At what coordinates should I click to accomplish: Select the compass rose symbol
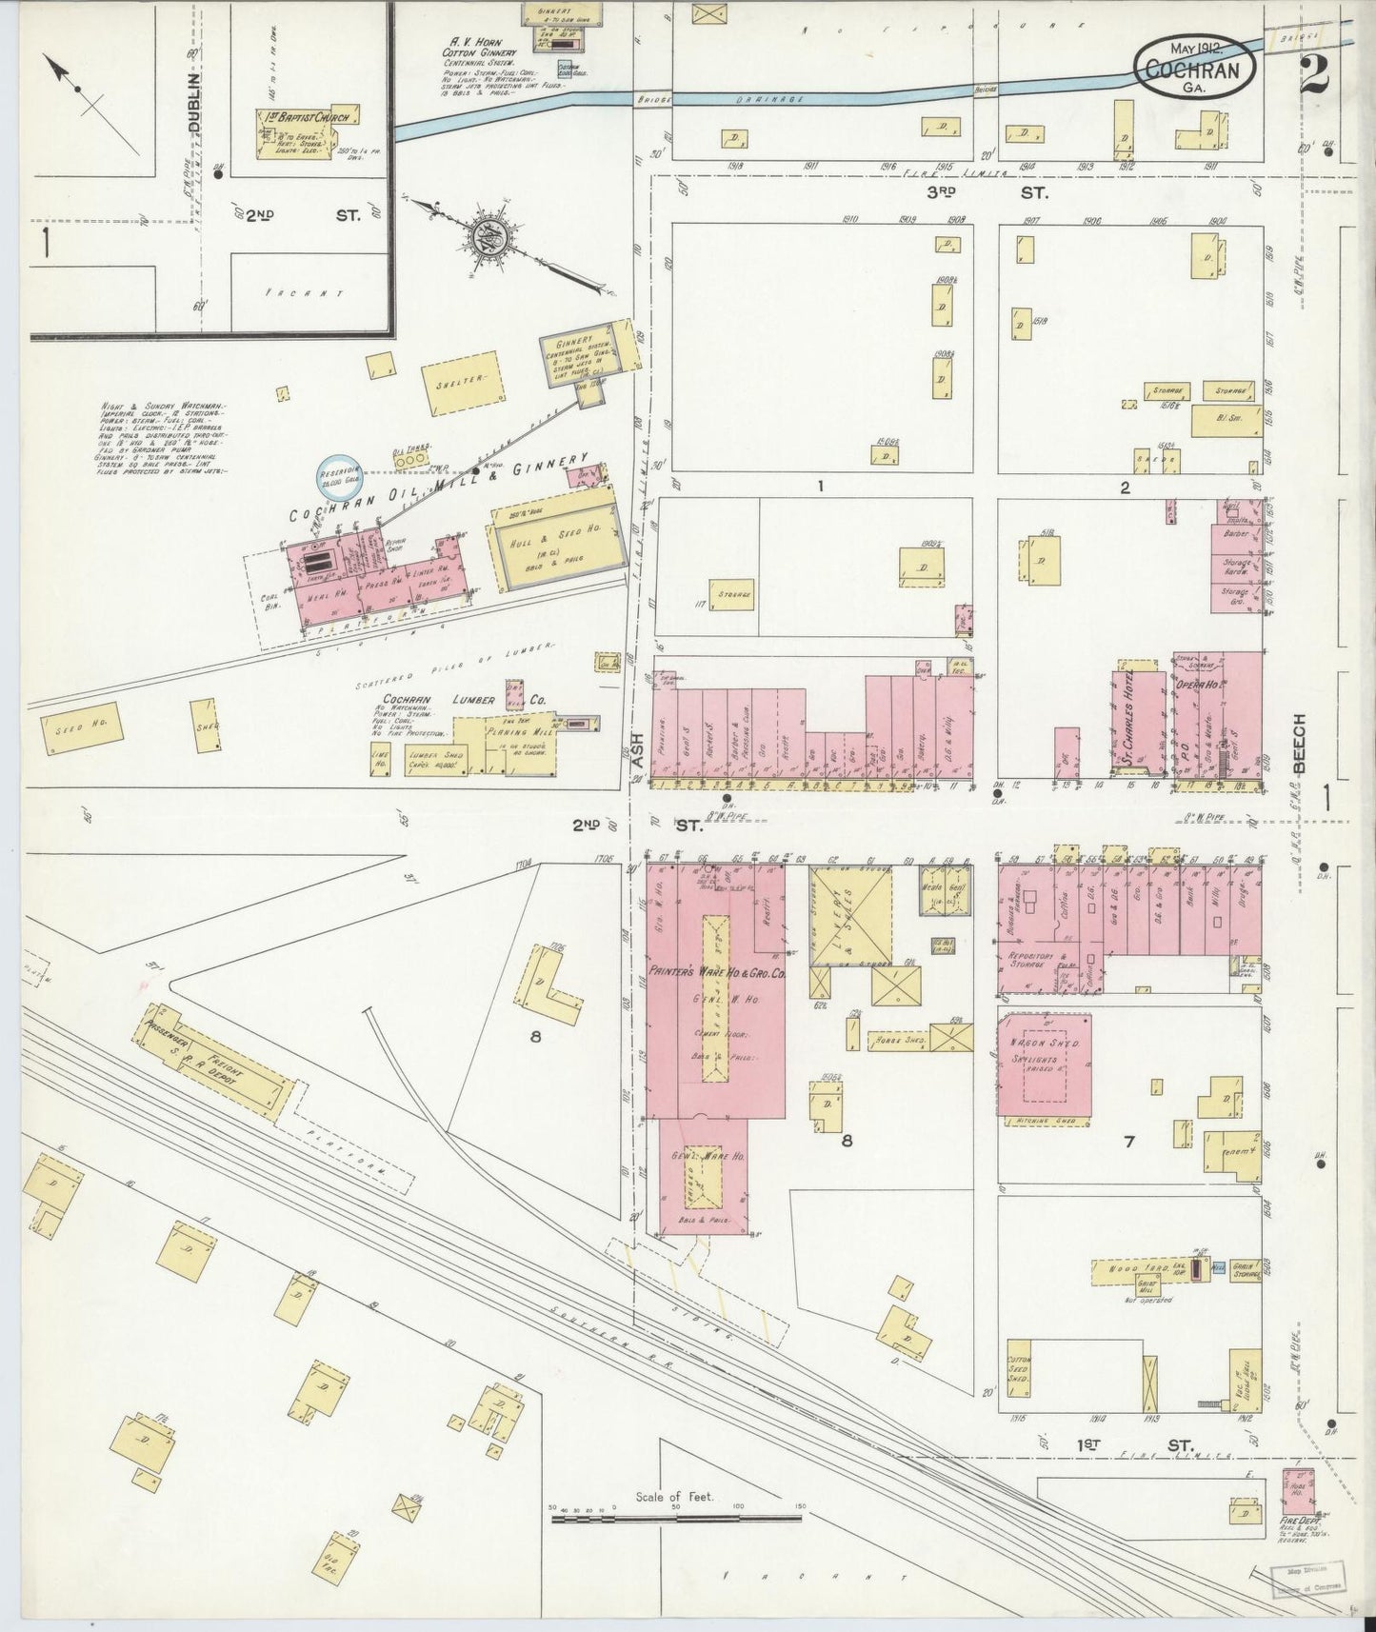[489, 240]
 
